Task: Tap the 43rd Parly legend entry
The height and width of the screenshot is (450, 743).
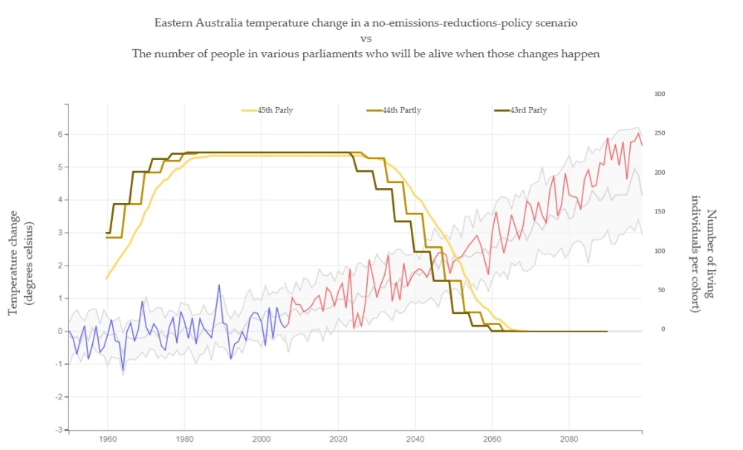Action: [x=528, y=110]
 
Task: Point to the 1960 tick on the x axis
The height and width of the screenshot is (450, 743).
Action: [x=108, y=438]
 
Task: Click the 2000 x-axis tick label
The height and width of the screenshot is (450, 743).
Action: [x=262, y=438]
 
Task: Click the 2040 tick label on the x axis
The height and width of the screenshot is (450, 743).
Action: [x=415, y=438]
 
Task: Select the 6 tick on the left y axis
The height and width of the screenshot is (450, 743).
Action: [x=59, y=135]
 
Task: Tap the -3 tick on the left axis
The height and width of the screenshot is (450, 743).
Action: [x=57, y=430]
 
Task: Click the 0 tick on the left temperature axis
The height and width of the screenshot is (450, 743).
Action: [x=59, y=331]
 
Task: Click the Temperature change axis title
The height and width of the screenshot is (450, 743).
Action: [x=20, y=257]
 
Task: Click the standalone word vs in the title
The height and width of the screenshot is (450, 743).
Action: [x=366, y=39]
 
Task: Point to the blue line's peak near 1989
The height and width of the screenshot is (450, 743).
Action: [x=219, y=285]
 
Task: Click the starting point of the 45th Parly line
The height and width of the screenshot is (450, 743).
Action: [x=107, y=279]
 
